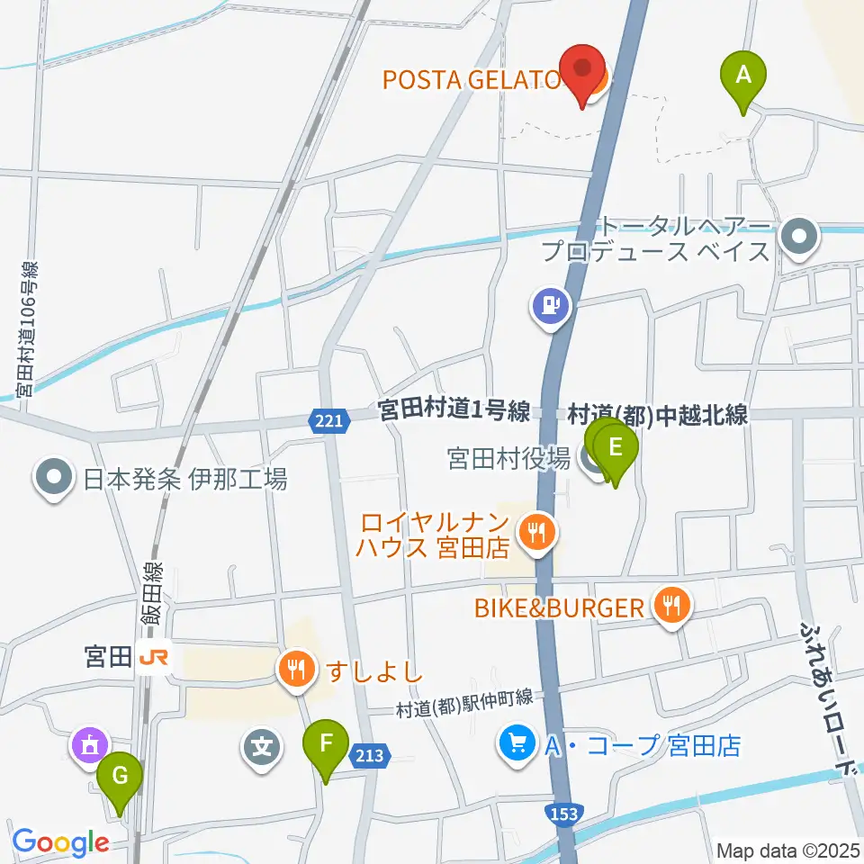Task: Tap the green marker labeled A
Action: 743,76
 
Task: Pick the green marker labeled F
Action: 326,744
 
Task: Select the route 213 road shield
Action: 370,759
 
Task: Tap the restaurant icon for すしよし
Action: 296,670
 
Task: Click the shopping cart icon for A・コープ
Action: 517,744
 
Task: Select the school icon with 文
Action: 261,746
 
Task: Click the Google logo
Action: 60,842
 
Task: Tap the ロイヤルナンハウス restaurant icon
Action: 537,533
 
